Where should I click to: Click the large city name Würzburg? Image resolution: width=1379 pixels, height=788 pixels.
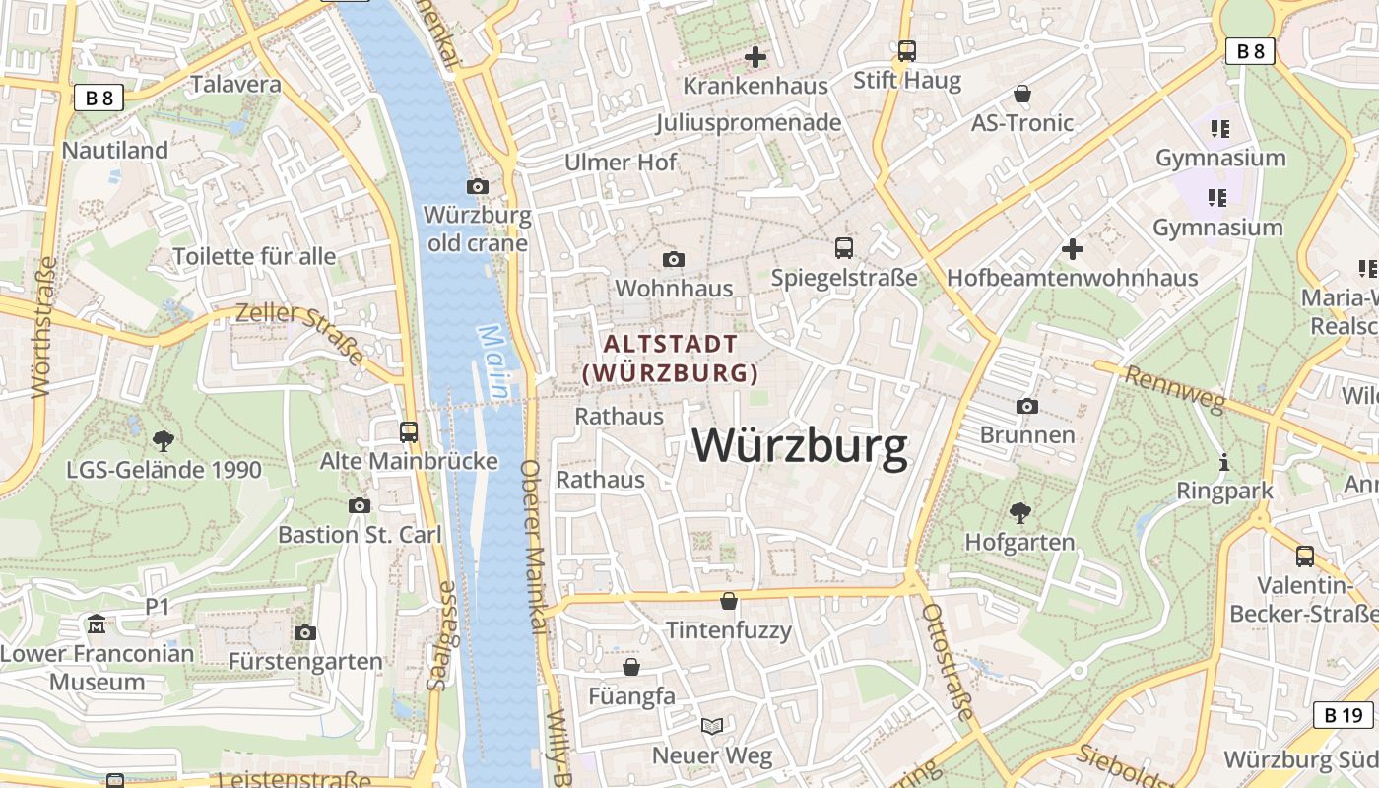800,446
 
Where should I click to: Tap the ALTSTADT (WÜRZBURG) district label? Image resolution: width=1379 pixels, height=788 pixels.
671,359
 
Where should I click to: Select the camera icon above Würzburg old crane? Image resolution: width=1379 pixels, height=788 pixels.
477,186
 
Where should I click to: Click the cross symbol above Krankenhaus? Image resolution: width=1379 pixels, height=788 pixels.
755,57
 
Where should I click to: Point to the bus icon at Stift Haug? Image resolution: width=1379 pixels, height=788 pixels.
906,50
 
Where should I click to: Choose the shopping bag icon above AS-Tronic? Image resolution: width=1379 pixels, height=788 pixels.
1022,94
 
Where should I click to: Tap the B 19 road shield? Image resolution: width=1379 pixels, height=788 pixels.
1343,715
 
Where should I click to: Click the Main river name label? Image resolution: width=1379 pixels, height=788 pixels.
494,362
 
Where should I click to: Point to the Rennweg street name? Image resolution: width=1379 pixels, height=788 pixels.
1174,389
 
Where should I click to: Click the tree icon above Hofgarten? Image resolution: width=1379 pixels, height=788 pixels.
1019,512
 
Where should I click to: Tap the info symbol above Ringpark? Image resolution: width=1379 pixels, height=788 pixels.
1224,461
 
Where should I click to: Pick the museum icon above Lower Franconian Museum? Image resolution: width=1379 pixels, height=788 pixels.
97,624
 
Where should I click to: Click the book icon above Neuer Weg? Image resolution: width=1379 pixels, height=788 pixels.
711,726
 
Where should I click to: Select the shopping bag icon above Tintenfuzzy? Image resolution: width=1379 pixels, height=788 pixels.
729,600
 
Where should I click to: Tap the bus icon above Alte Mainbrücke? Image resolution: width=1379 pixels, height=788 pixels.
408,431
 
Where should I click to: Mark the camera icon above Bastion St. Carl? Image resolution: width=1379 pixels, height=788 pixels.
360,505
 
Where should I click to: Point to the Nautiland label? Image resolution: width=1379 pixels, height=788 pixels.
115,151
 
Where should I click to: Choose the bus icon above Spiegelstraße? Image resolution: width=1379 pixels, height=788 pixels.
844,247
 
